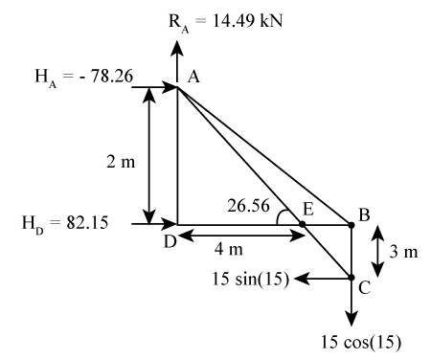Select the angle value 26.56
click(x=251, y=204)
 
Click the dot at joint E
click(x=303, y=225)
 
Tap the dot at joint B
click(x=352, y=225)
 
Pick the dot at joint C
click(x=352, y=278)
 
